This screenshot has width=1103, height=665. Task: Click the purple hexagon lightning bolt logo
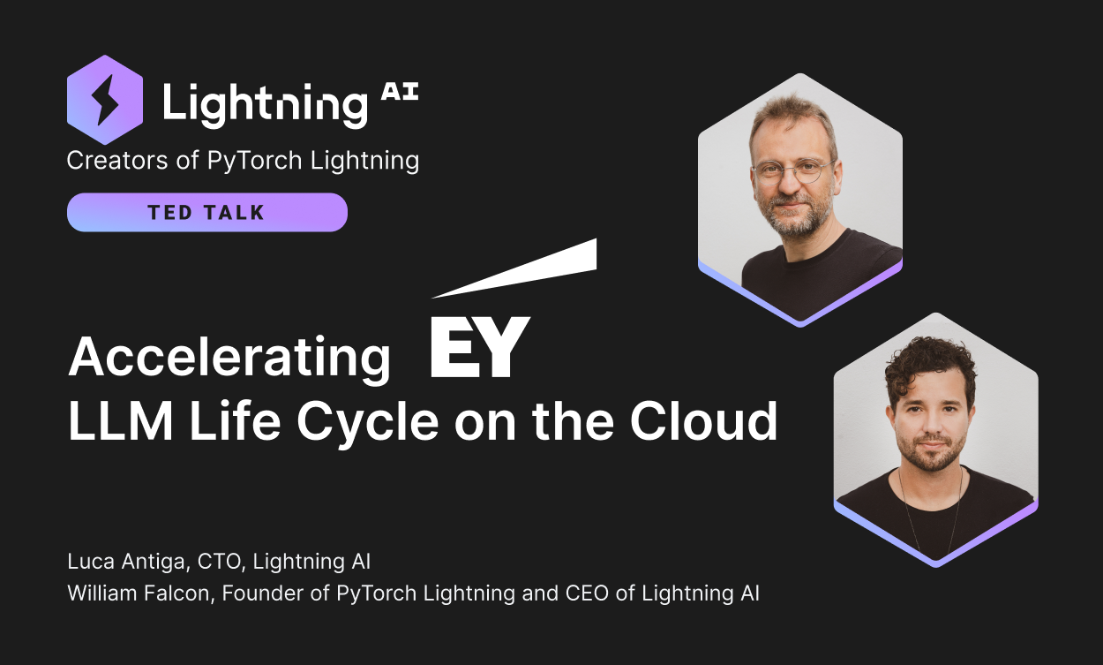pyautogui.click(x=105, y=100)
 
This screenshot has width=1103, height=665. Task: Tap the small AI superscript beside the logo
pyautogui.click(x=400, y=94)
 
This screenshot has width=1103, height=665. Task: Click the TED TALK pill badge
pyautogui.click(x=207, y=213)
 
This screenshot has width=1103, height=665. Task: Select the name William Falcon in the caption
pyautogui.click(x=139, y=593)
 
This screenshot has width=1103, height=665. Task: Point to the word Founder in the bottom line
pyautogui.click(x=257, y=593)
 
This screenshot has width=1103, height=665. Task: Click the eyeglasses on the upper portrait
pyautogui.click(x=792, y=170)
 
